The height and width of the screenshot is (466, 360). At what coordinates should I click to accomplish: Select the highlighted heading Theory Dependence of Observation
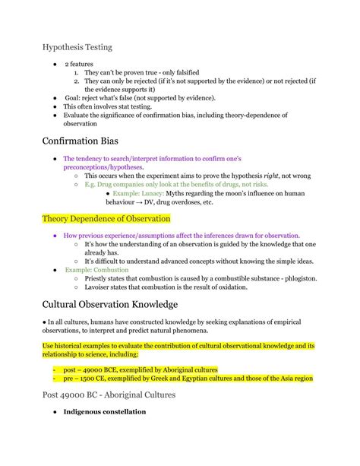click(x=106, y=219)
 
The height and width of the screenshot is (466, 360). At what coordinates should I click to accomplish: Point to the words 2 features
click(x=81, y=65)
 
